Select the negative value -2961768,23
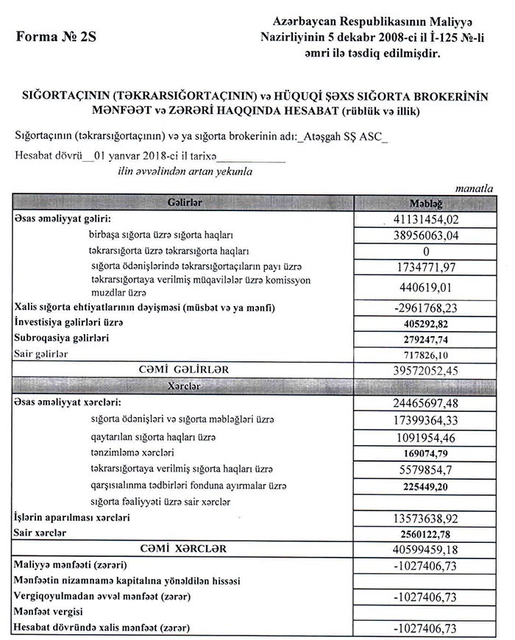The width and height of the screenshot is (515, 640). point(426,307)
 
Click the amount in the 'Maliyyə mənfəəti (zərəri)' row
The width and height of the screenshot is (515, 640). point(426,566)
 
